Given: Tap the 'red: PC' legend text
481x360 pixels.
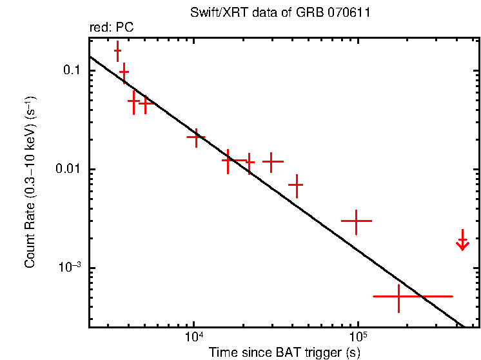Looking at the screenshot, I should click(112, 28).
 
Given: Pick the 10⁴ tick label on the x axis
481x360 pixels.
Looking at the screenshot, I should click(193, 337).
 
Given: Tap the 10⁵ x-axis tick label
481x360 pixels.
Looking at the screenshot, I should click(358, 337).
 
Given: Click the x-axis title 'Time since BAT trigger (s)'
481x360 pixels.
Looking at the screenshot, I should click(284, 352).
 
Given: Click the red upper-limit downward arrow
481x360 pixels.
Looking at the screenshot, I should click(462, 242).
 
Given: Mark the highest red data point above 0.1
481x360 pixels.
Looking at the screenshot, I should click(118, 50).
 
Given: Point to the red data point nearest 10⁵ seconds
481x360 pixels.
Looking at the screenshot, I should click(357, 221).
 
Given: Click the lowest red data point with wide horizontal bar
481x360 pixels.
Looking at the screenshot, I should click(400, 296).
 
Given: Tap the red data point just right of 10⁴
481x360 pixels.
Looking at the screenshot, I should click(196, 137).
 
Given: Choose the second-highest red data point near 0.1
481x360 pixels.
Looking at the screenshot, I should click(124, 73).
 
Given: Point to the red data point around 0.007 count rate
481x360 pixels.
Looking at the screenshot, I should click(296, 185).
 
